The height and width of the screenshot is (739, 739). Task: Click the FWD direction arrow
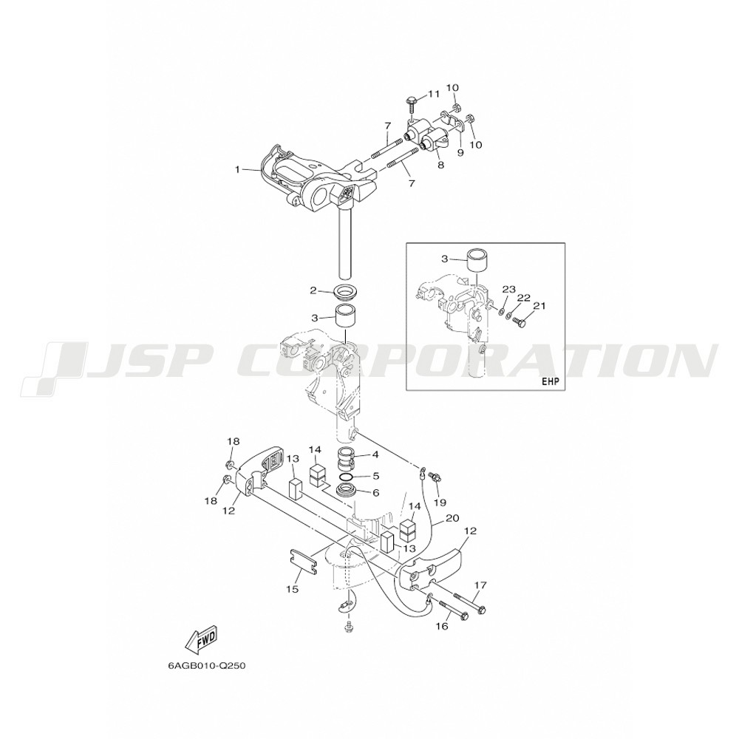click(x=201, y=641)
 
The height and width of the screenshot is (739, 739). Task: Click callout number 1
click(x=238, y=169)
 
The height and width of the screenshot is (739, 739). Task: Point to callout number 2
click(x=313, y=290)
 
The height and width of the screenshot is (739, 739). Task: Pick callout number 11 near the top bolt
click(x=433, y=94)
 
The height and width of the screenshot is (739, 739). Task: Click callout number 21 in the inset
click(x=539, y=306)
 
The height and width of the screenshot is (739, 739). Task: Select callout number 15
click(x=292, y=589)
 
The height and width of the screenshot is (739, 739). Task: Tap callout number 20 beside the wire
click(x=452, y=518)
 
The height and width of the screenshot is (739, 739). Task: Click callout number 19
click(x=440, y=503)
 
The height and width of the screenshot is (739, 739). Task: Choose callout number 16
click(x=442, y=627)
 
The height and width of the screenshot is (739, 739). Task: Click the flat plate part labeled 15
click(x=302, y=561)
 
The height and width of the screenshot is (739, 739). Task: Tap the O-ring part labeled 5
click(x=350, y=477)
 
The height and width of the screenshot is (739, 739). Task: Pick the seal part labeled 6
click(x=350, y=493)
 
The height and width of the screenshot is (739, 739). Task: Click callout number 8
click(x=440, y=166)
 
